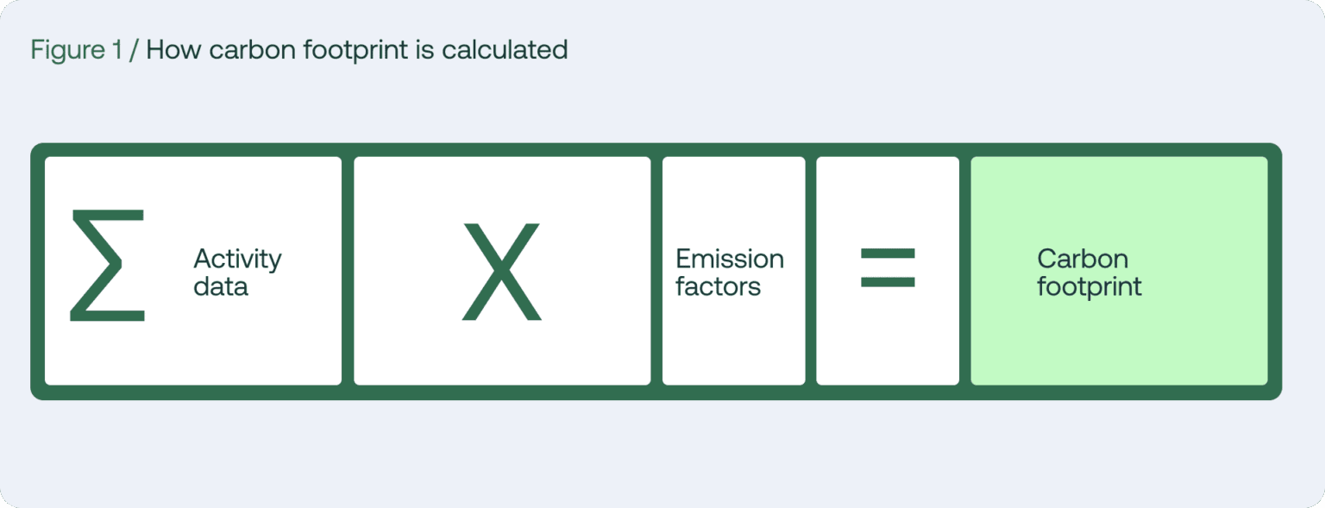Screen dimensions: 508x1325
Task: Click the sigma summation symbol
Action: point(107,266)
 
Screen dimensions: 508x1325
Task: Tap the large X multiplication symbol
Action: point(501,271)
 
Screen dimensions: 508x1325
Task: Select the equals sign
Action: point(888,268)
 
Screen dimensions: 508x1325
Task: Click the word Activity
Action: point(237,259)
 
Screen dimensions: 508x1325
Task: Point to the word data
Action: point(221,285)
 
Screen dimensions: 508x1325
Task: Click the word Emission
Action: point(729,259)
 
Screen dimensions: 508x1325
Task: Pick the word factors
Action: point(718,285)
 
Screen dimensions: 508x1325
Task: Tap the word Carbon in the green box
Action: point(1083,259)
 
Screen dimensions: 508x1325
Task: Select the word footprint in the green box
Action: point(1089,286)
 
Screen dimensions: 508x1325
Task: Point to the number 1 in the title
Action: point(117,50)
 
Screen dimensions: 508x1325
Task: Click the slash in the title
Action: point(134,50)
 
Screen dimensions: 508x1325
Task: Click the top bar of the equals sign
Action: point(888,254)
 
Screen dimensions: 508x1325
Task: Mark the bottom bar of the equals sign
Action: point(888,282)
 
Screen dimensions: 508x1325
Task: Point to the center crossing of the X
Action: point(501,271)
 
